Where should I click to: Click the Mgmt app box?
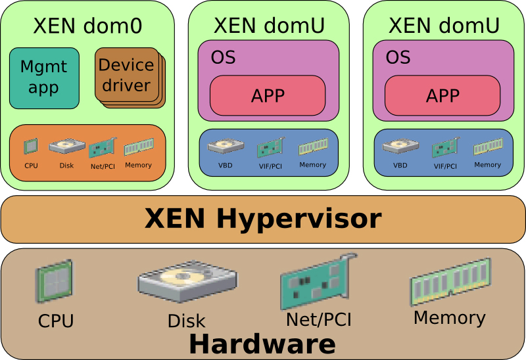click(x=44, y=78)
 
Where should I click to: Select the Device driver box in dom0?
click(x=126, y=75)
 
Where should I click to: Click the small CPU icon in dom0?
click(x=31, y=146)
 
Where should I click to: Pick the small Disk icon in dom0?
click(x=66, y=146)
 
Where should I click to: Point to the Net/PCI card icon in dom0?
click(x=102, y=148)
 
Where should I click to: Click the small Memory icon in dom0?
click(x=138, y=146)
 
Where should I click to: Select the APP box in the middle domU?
click(x=268, y=95)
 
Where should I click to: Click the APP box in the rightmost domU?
click(x=442, y=95)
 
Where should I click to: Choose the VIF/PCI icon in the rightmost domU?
click(x=445, y=148)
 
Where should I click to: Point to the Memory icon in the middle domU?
click(x=312, y=148)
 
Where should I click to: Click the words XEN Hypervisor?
click(x=263, y=218)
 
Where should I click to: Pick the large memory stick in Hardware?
click(x=450, y=281)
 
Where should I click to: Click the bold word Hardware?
click(x=262, y=344)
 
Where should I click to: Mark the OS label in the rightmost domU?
click(x=398, y=57)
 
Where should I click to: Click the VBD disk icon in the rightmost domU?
click(x=396, y=146)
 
